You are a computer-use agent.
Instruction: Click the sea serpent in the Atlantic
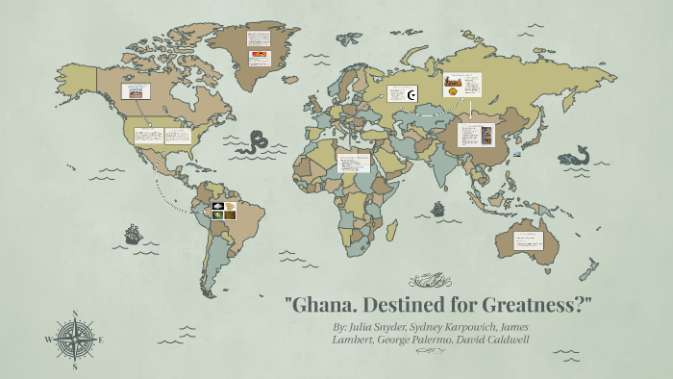coord(255,143)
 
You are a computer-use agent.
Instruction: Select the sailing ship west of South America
coord(133,234)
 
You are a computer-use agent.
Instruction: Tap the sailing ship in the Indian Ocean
coord(438,208)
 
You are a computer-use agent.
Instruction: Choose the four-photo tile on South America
coord(224,210)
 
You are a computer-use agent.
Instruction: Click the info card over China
coord(477,136)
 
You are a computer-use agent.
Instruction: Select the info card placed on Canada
coord(135,92)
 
